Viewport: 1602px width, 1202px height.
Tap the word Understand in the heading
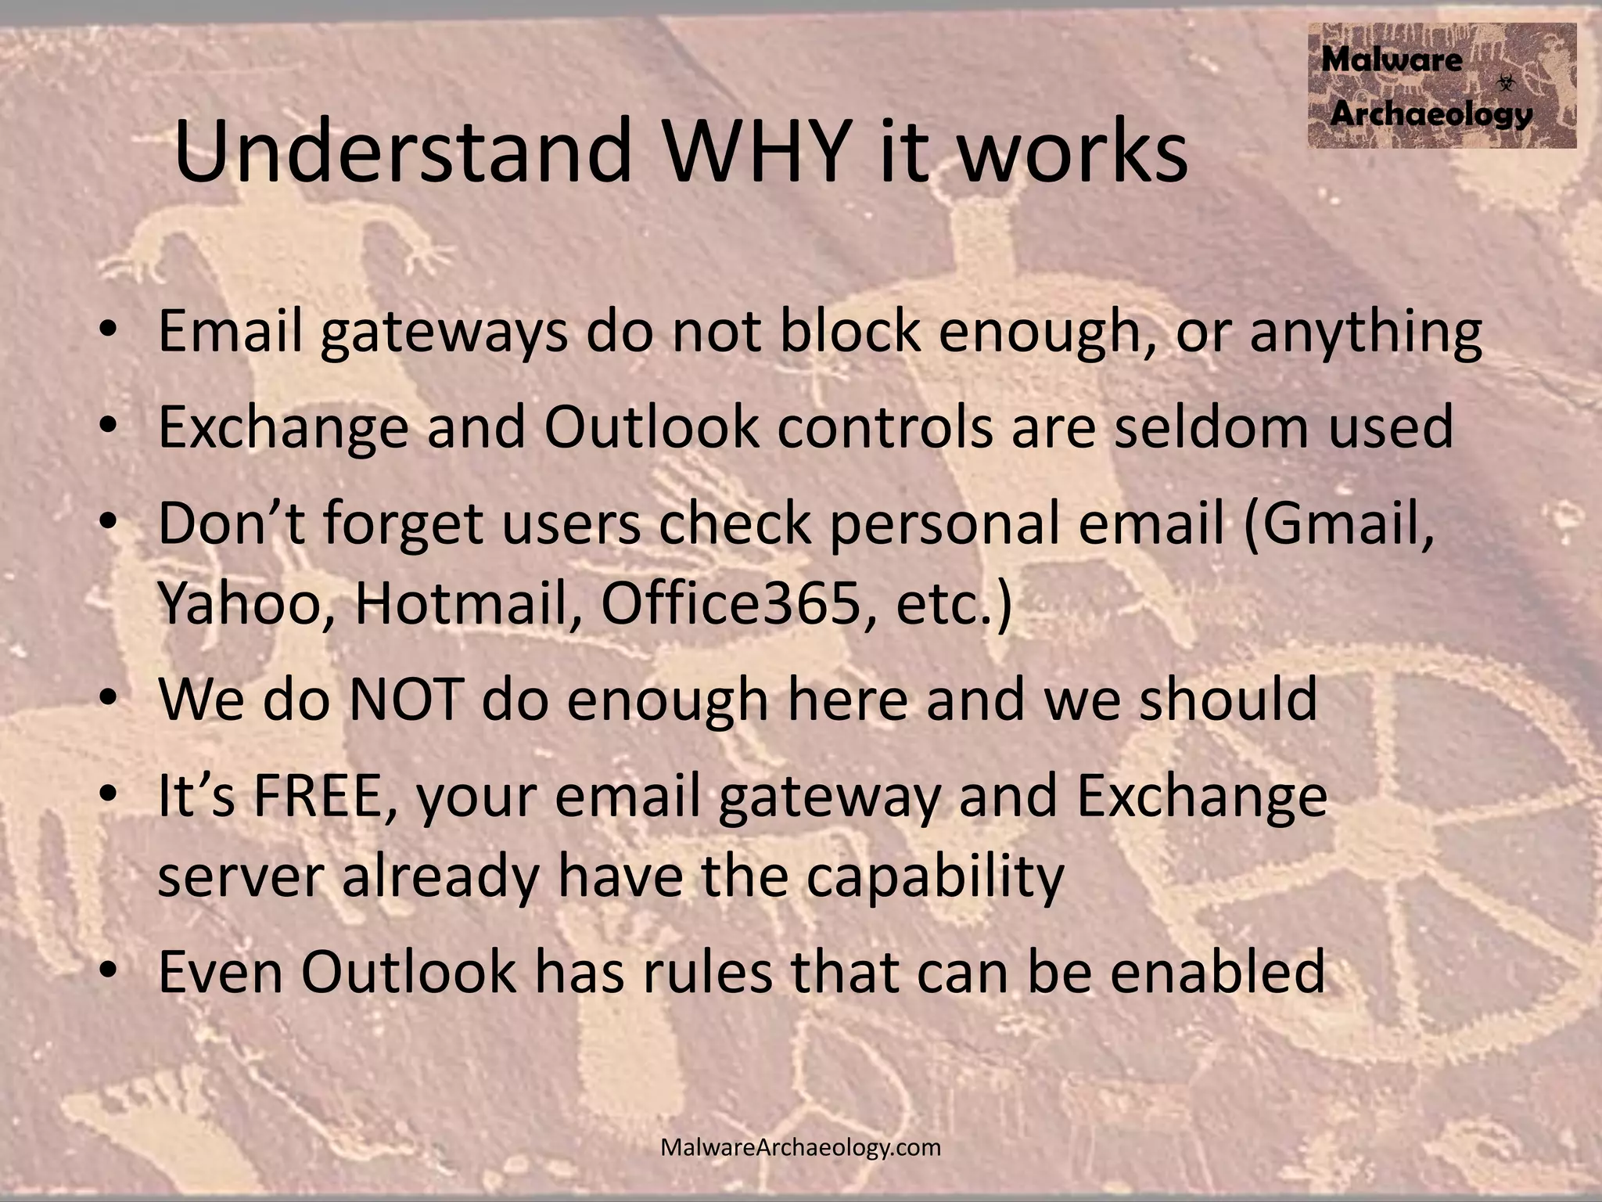(x=402, y=150)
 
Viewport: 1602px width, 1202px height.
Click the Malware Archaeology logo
(x=1441, y=85)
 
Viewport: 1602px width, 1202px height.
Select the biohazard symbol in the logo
(x=1506, y=82)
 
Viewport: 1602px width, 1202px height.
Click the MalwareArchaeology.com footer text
(x=800, y=1147)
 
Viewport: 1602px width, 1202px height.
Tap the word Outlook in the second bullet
(x=651, y=427)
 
